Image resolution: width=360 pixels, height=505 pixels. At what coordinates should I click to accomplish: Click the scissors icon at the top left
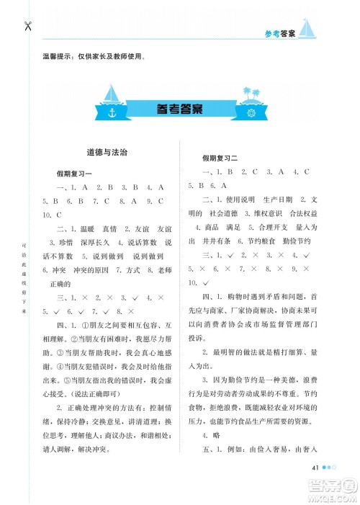pyautogui.click(x=27, y=27)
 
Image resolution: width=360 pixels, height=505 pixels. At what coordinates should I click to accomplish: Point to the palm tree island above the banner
pyautogui.click(x=253, y=94)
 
